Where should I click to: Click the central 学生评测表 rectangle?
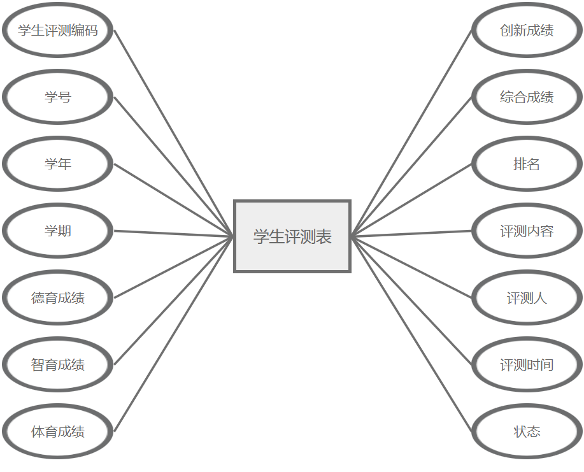tap(292, 236)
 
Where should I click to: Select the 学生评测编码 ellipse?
tap(58, 30)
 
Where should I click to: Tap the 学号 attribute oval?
tap(58, 97)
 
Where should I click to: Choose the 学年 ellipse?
tap(58, 164)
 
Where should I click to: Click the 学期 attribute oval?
tap(58, 231)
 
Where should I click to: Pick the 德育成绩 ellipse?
tap(58, 297)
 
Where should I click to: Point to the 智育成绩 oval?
tap(58, 364)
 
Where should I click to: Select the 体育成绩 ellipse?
tap(58, 431)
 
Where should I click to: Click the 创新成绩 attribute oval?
tap(527, 30)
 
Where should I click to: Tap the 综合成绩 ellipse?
tap(527, 97)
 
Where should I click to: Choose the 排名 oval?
tap(527, 164)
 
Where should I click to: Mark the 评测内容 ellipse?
tap(527, 231)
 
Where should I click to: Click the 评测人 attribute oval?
tap(527, 297)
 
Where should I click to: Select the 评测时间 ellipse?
tap(527, 364)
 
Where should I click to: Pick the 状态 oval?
tap(527, 431)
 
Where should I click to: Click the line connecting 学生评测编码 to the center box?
tap(174, 133)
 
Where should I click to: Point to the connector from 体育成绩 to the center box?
tap(174, 334)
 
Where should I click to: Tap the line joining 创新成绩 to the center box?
tap(411, 133)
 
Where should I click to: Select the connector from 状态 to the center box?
tap(411, 334)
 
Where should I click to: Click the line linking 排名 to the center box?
tap(411, 200)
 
